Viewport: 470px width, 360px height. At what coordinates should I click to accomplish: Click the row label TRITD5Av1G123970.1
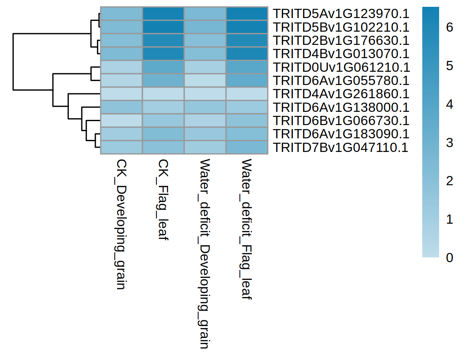tap(341, 14)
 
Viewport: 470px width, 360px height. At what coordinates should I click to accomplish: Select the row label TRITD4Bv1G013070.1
tap(341, 54)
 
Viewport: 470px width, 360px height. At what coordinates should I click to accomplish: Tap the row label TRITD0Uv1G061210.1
tap(341, 67)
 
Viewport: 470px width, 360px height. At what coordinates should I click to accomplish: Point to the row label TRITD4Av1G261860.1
tap(341, 94)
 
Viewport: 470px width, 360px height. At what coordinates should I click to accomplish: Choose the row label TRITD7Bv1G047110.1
tap(341, 148)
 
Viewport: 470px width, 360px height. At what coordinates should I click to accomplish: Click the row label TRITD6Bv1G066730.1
tap(341, 121)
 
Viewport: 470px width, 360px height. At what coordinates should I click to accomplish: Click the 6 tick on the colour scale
tap(449, 28)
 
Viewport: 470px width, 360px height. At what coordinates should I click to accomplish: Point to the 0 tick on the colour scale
tap(449, 257)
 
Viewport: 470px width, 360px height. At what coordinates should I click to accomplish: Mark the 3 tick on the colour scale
tap(449, 143)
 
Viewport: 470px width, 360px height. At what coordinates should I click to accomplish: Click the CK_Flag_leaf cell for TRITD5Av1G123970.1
tap(163, 14)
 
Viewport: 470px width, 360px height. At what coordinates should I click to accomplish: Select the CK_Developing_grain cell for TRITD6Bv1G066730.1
tap(121, 121)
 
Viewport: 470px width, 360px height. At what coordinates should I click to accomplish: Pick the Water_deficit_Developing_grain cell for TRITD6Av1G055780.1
tap(205, 81)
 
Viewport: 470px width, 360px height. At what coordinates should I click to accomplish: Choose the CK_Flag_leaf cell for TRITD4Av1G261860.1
tap(163, 94)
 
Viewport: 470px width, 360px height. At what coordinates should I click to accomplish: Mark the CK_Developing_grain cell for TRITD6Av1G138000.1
tap(121, 107)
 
